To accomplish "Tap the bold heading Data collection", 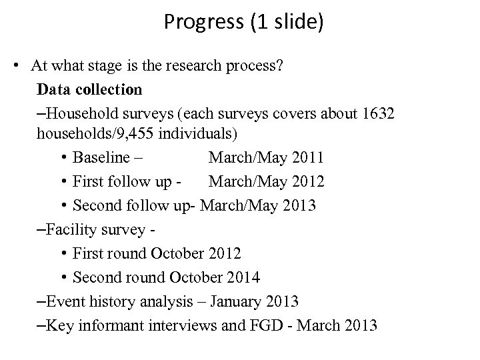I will (89, 89).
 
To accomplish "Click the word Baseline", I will (102, 158).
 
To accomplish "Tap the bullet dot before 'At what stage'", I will (22, 65).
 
